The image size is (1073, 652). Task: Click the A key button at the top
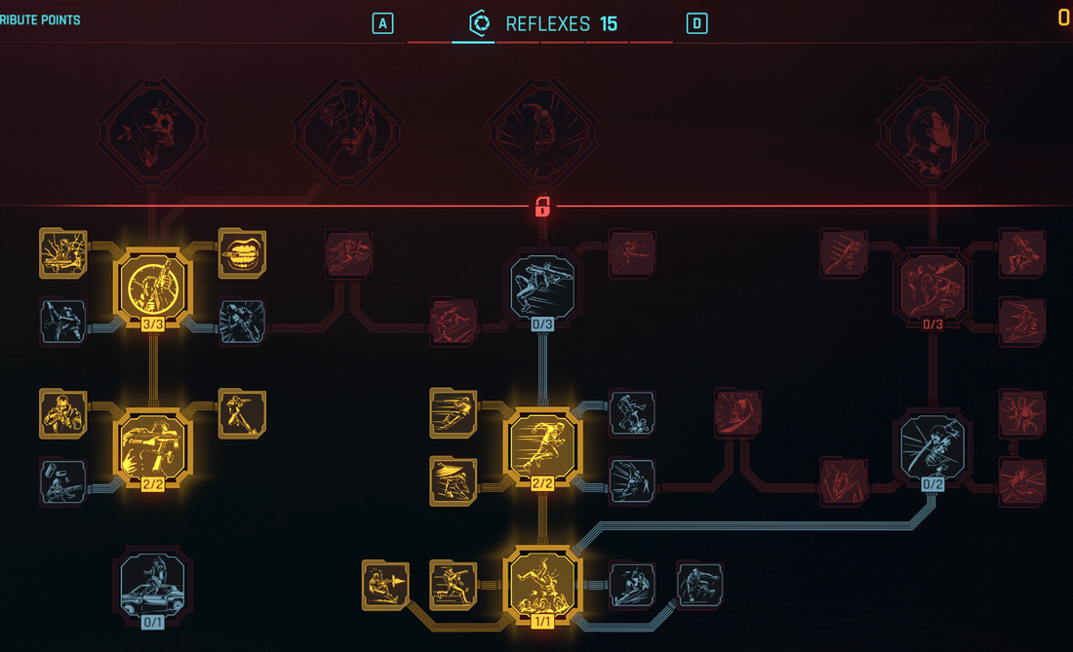click(382, 24)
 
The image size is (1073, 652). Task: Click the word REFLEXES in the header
click(547, 24)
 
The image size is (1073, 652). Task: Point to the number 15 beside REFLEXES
click(609, 24)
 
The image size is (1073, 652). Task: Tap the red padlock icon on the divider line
click(542, 207)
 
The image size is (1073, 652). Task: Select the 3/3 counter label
click(152, 324)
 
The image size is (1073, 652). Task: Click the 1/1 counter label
click(542, 621)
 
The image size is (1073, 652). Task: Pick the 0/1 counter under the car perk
click(152, 622)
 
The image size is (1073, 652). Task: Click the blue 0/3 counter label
click(542, 324)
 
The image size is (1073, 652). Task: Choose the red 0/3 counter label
click(933, 324)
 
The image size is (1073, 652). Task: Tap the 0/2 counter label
click(933, 483)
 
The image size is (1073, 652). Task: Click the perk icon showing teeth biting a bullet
click(242, 253)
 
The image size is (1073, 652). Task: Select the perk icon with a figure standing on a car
click(152, 584)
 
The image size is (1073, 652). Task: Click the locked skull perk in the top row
click(152, 132)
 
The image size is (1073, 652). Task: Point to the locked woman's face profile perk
click(933, 132)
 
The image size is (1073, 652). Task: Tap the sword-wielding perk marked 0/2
click(933, 447)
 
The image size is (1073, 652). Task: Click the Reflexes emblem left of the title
click(480, 23)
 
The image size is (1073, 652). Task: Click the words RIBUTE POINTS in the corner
click(40, 20)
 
